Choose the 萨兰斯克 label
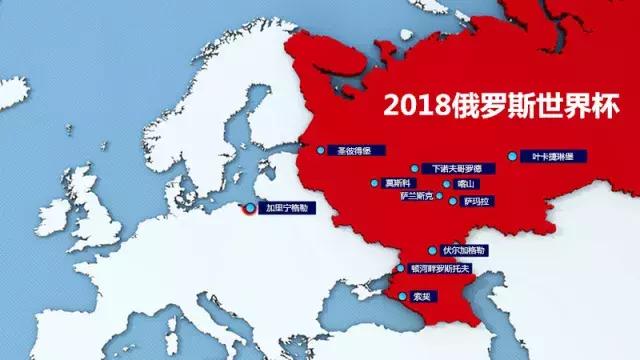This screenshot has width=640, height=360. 417,197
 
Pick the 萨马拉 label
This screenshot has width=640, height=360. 476,201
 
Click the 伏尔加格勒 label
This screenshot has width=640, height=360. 463,250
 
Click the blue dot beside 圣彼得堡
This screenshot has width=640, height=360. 321,151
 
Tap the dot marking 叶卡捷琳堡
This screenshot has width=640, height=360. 513,156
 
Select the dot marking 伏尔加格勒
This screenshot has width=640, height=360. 432,250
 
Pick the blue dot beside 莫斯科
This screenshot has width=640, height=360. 375,183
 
